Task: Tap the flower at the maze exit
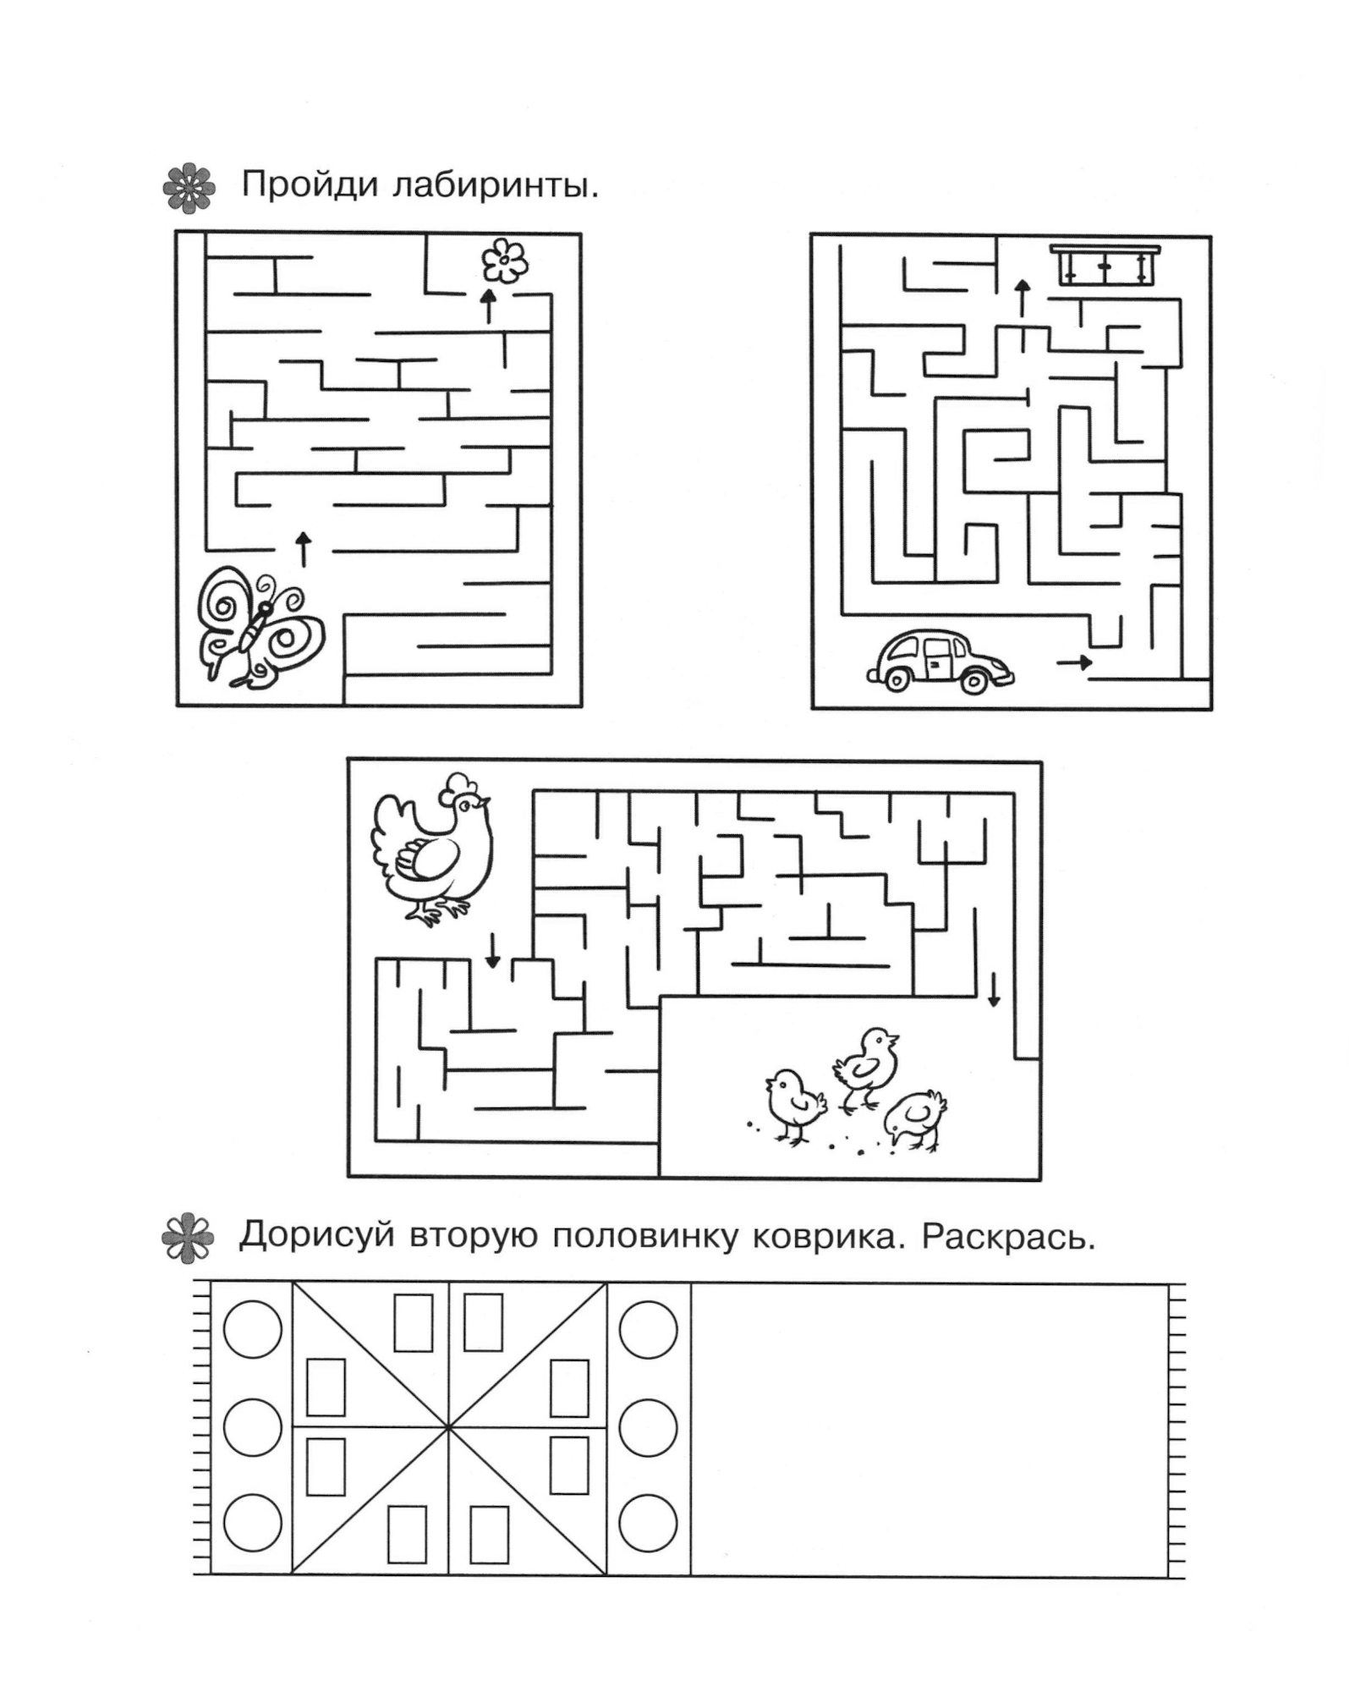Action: tap(505, 261)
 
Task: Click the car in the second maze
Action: tap(940, 662)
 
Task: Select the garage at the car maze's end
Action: tap(1105, 265)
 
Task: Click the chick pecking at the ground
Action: tap(915, 1120)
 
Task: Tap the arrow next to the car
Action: tap(1074, 662)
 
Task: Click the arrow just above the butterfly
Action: tap(303, 550)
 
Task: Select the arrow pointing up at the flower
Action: tap(488, 306)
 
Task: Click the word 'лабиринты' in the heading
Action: tap(496, 185)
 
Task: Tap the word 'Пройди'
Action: tap(310, 186)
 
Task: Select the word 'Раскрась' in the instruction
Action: tap(1008, 1238)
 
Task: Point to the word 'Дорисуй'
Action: tap(316, 1237)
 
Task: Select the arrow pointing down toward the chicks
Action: tap(995, 990)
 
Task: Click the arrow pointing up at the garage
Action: tap(1023, 299)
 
